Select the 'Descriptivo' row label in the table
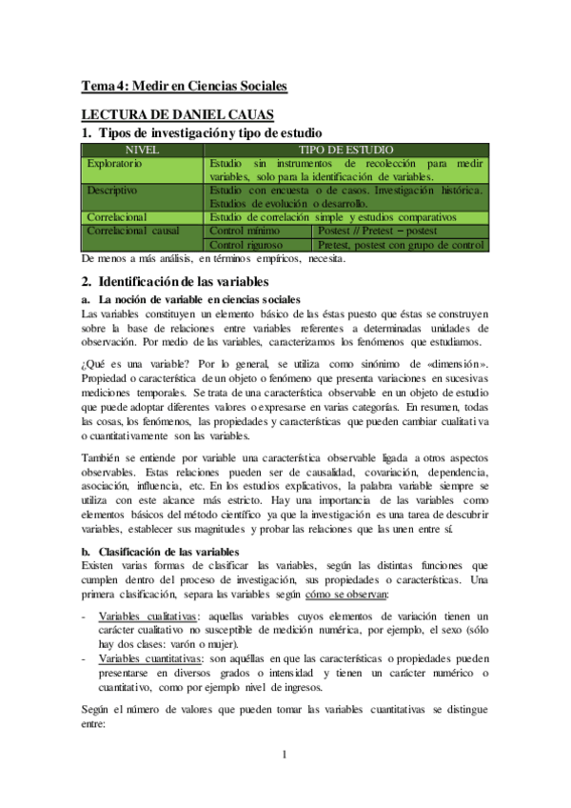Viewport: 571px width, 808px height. point(116,191)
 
